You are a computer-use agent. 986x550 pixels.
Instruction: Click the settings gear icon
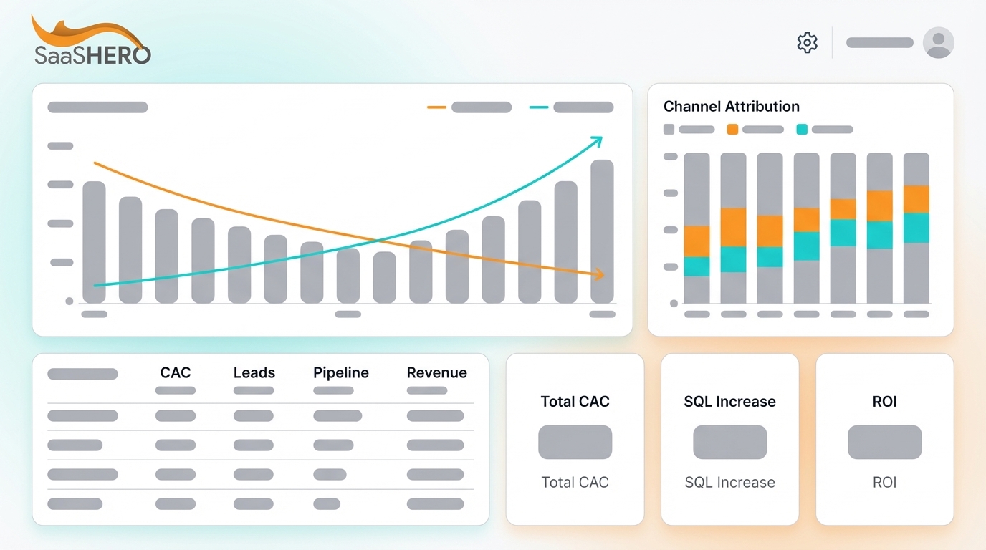coord(808,42)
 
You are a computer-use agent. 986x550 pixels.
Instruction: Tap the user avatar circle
coord(938,42)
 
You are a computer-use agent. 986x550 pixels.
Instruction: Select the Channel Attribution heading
coord(731,107)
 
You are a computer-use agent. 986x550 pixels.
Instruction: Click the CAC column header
coord(176,372)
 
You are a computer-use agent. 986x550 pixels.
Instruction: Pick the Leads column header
coord(254,372)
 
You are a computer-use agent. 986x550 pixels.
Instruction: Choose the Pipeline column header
coord(341,372)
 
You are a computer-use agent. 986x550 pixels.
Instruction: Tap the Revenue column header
coord(436,372)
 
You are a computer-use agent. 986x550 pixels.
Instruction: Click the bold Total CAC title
coord(575,402)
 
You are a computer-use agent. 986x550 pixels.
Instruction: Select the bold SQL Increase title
coord(729,402)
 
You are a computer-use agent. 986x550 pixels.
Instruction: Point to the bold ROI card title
coord(884,402)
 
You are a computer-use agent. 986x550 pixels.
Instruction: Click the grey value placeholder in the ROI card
coord(884,442)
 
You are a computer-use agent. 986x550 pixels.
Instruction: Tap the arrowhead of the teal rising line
coord(597,140)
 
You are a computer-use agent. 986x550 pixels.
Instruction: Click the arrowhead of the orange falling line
coord(600,274)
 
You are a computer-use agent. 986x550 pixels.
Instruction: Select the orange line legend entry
coord(469,107)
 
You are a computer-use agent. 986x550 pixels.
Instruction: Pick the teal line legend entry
coord(571,107)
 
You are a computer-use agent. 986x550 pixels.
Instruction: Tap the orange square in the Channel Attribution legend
coord(732,130)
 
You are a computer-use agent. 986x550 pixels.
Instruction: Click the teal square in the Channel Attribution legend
coord(802,130)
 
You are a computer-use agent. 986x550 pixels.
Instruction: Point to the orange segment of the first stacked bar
coord(697,241)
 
